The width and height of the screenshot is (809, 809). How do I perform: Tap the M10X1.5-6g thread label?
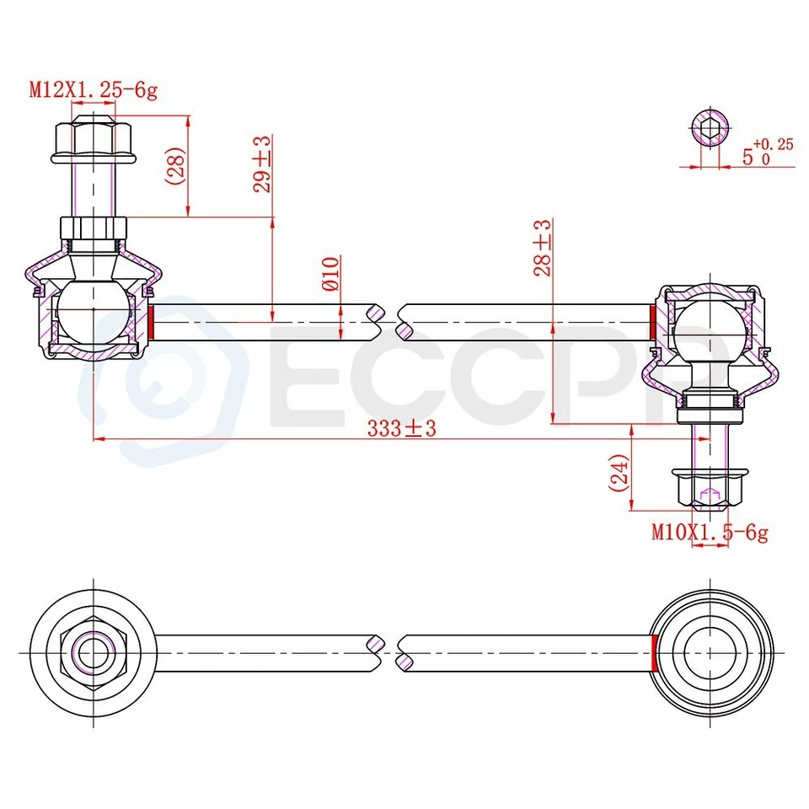pos(709,533)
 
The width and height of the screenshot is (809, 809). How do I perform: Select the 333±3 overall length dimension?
pos(401,429)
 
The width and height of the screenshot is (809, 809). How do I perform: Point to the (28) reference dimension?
pos(174,167)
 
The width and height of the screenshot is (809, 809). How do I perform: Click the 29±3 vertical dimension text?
pos(262,164)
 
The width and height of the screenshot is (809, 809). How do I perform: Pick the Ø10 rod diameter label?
pos(329,275)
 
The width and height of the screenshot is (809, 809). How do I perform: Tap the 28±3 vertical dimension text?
pos(542,248)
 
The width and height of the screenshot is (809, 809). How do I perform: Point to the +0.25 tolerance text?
pos(773,144)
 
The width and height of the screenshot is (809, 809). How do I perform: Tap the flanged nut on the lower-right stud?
pos(709,488)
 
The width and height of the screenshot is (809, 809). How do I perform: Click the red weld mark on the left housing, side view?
pos(151,320)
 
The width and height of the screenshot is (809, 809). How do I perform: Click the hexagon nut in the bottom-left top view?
pos(93,651)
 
